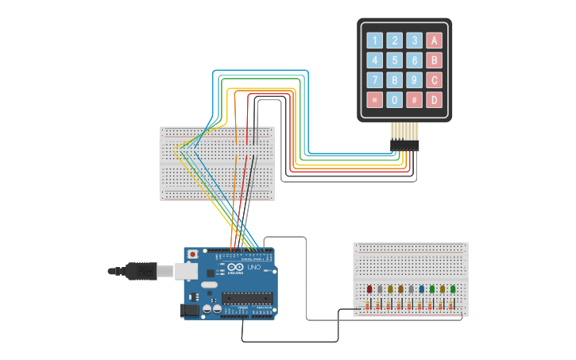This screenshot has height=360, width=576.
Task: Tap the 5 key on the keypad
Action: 394,60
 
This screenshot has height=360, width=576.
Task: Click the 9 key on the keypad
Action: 414,80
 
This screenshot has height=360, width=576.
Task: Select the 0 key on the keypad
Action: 394,100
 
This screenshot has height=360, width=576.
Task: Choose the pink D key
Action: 434,100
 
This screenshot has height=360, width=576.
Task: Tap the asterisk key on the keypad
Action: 374,100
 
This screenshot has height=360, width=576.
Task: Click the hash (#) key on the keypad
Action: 414,100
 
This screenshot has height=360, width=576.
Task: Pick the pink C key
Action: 434,80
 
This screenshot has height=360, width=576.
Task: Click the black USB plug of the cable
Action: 141,271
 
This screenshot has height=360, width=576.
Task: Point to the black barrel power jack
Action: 191,310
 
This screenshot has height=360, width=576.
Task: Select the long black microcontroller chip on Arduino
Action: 246,299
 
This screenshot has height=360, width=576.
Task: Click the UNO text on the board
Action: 254,269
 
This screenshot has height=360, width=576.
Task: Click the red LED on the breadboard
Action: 369,290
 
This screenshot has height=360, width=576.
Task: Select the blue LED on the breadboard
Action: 421,290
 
